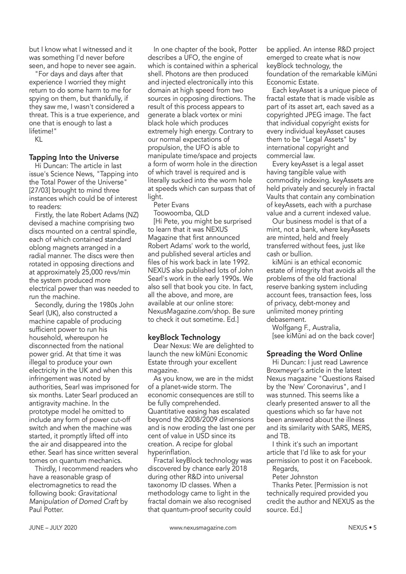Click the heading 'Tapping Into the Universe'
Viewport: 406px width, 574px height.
click(74, 157)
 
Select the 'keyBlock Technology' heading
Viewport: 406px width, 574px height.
click(184, 337)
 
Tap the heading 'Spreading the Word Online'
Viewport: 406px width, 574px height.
click(314, 354)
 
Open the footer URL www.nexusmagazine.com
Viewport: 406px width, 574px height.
click(203, 528)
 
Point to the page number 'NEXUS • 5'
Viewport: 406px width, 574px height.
click(362, 528)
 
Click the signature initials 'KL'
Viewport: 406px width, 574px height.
click(39, 139)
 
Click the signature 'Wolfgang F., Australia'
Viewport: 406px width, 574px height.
click(306, 327)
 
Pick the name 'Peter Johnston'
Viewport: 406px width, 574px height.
click(295, 477)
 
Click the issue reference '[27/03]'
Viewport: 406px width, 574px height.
click(40, 190)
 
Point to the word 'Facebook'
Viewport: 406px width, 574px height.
click(355, 461)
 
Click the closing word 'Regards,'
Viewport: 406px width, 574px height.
click(285, 469)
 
